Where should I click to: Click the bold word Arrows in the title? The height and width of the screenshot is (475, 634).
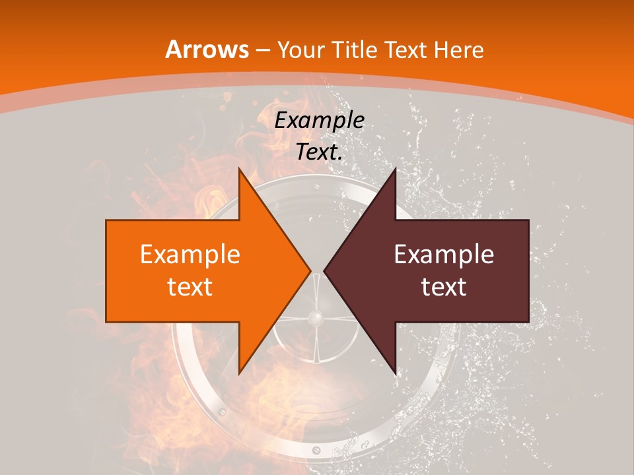pos(207,49)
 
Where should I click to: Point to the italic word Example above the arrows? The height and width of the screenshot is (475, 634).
pos(319,120)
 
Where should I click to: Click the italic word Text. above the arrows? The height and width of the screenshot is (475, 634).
pos(319,152)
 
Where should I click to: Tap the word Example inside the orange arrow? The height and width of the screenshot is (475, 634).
pos(190,255)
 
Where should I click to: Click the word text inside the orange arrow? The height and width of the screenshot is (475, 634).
pos(190,286)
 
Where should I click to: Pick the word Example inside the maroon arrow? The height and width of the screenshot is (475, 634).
pos(444,255)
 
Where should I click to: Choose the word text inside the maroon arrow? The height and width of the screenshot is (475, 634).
pos(444,286)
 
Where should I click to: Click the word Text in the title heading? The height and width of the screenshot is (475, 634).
pos(406,49)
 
